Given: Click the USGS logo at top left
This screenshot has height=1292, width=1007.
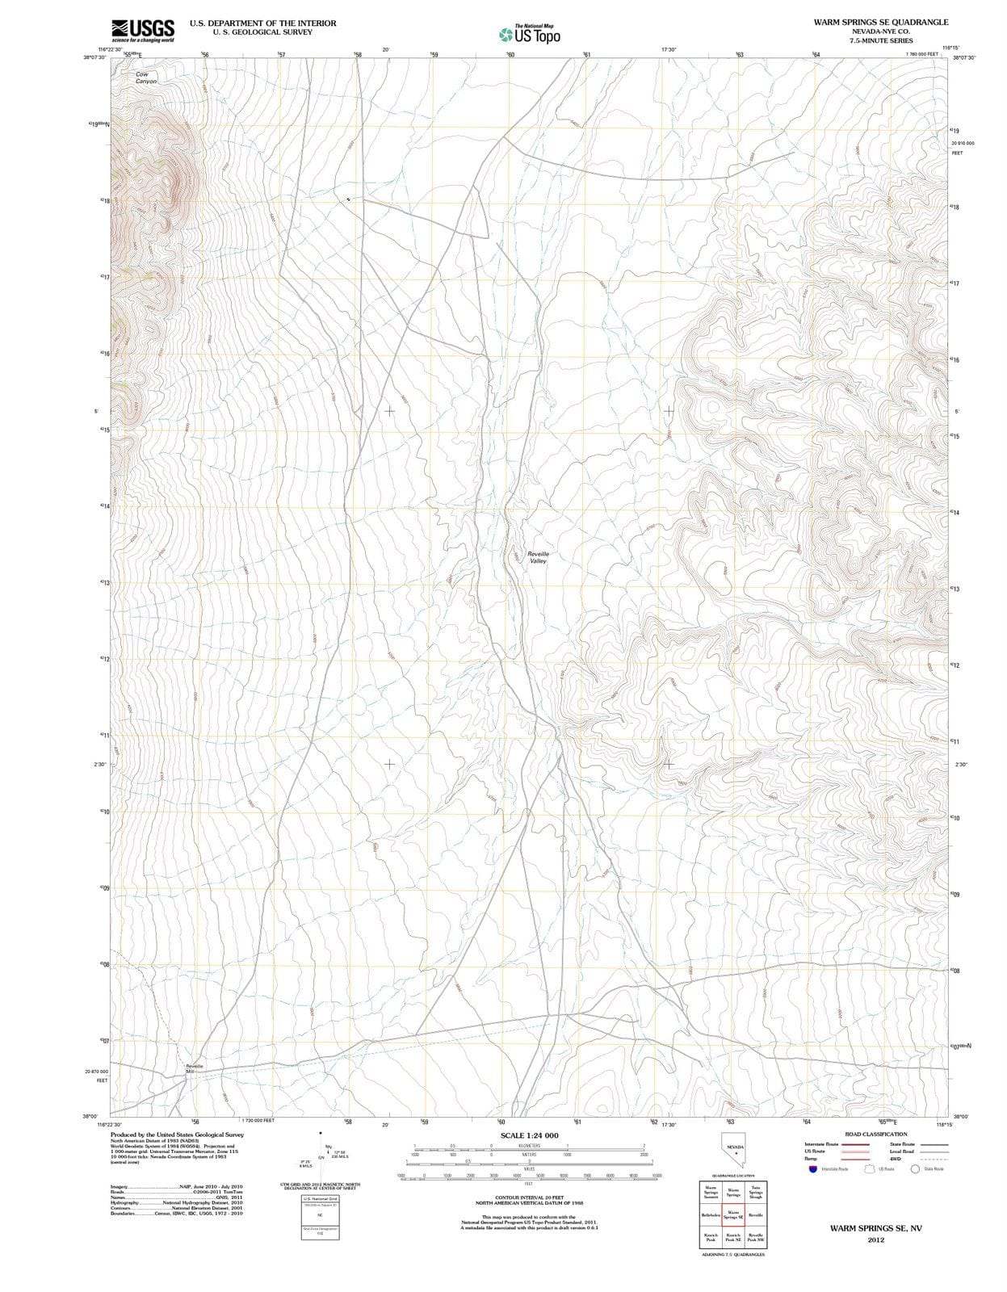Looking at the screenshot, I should [x=143, y=29].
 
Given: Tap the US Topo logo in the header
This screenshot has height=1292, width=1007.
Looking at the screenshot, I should [x=529, y=35].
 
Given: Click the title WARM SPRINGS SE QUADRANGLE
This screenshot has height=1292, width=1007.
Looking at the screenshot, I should [x=881, y=22].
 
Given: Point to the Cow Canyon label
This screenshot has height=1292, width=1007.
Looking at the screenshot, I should [x=146, y=78].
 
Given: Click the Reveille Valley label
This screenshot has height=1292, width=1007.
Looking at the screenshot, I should [x=538, y=557].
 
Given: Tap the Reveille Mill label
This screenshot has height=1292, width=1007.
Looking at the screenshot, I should [x=194, y=1068].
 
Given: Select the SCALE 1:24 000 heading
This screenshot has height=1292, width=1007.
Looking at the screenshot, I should [x=529, y=1135].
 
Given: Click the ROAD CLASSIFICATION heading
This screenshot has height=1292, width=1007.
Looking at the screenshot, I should [x=875, y=1134].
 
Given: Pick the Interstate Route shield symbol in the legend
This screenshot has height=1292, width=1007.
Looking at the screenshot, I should [x=812, y=1168].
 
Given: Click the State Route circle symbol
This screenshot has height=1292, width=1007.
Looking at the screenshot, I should [x=915, y=1168].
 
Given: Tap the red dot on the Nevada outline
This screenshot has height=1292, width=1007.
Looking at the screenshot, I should [x=736, y=1153].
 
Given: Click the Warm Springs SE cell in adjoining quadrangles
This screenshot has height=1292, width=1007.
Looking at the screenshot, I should [x=733, y=1214].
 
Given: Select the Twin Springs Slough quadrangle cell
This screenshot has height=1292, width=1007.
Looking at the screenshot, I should [x=756, y=1192].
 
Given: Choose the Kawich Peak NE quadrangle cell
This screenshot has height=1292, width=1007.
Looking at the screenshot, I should [x=733, y=1237].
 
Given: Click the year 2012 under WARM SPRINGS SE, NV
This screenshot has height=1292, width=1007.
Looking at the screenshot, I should [x=875, y=1240].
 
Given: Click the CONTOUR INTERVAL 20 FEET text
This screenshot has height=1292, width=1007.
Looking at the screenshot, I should [x=529, y=1198].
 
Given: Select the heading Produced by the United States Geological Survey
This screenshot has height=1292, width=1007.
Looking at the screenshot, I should [x=177, y=1135].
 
